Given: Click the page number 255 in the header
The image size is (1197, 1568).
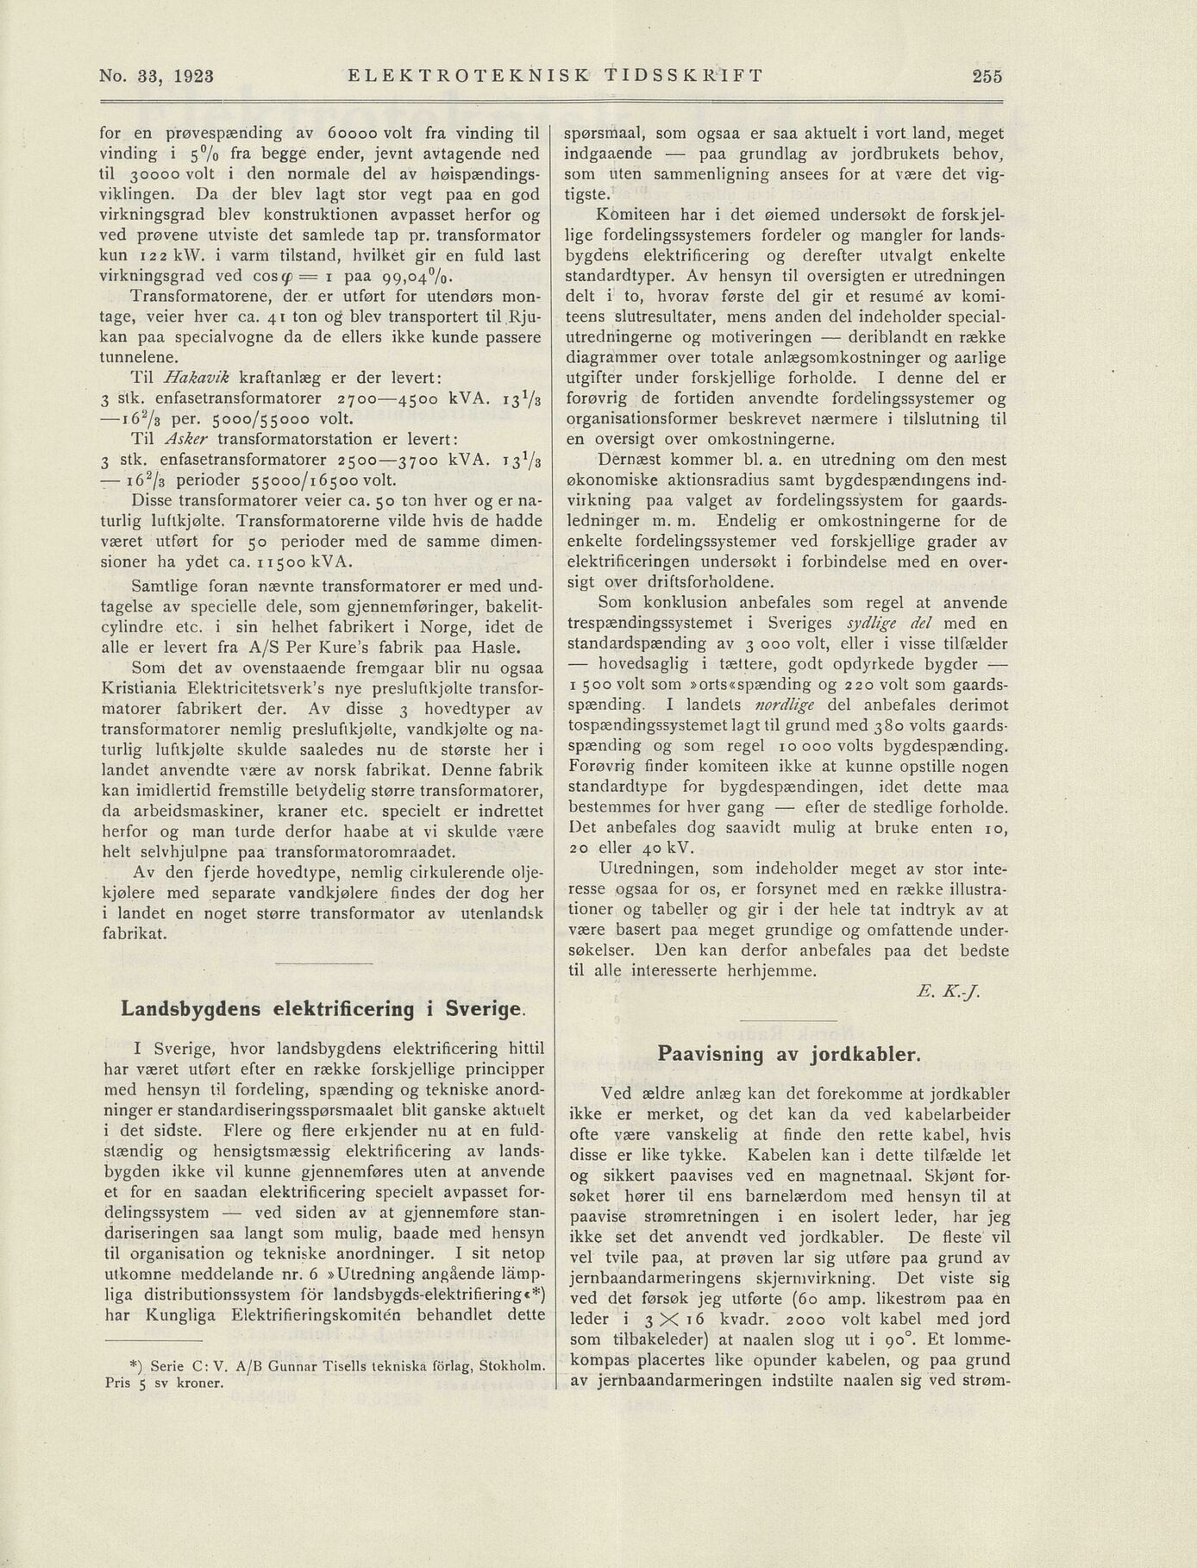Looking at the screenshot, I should [x=987, y=76].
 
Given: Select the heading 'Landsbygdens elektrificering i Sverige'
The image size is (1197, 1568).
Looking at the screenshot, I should [x=322, y=1009].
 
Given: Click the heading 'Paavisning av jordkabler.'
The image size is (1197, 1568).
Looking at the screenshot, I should [x=789, y=1053].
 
